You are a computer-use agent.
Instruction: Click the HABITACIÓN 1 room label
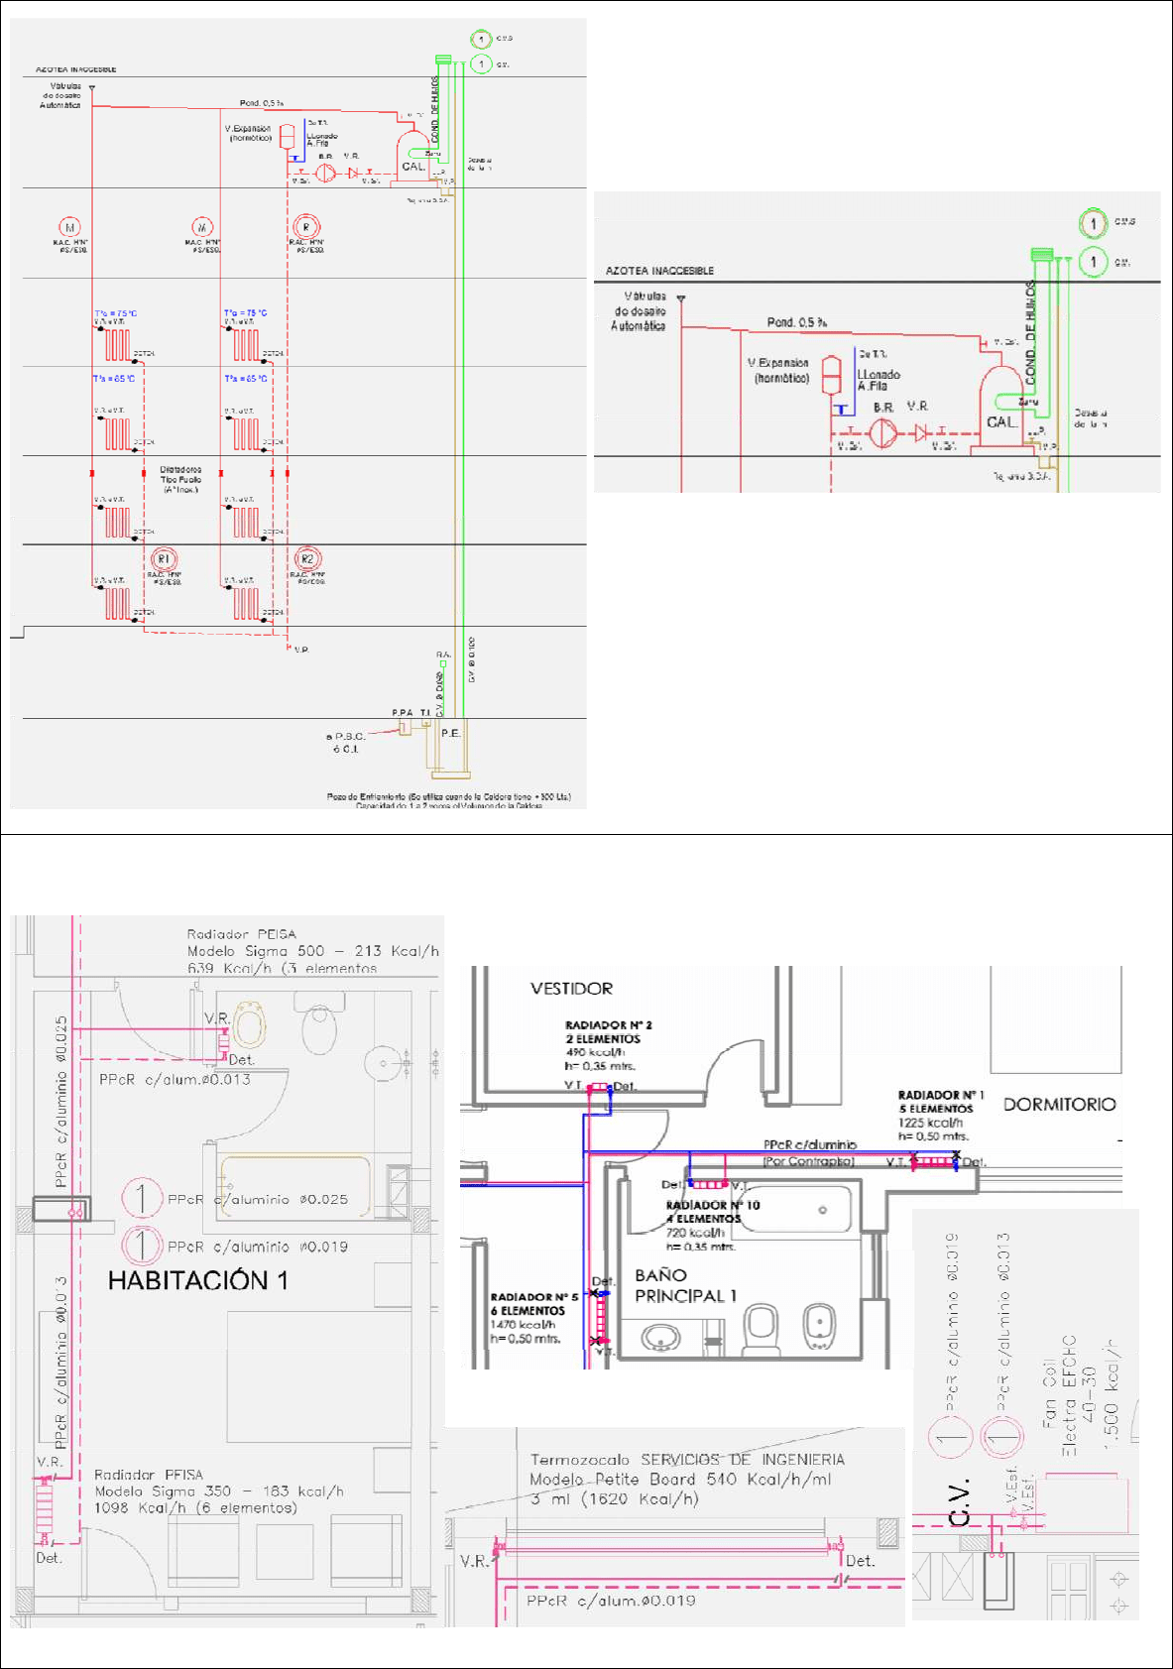click(x=197, y=1280)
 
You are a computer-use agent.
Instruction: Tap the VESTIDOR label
click(x=571, y=989)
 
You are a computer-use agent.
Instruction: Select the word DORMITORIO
click(x=1059, y=1104)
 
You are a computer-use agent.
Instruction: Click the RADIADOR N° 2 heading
click(x=608, y=1024)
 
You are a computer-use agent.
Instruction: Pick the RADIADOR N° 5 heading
click(x=533, y=1296)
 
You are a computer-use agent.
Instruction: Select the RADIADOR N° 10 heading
click(x=712, y=1205)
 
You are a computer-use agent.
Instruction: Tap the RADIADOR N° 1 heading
click(x=940, y=1095)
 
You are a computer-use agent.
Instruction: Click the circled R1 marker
click(x=164, y=559)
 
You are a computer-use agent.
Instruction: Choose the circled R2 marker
click(x=306, y=559)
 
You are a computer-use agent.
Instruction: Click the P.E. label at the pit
click(x=450, y=733)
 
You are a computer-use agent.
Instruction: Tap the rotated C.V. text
click(x=958, y=1501)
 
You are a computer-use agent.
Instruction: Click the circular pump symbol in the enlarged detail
click(x=882, y=432)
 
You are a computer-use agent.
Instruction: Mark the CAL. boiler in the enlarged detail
click(x=1000, y=421)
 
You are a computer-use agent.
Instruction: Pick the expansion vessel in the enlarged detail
click(x=832, y=376)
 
